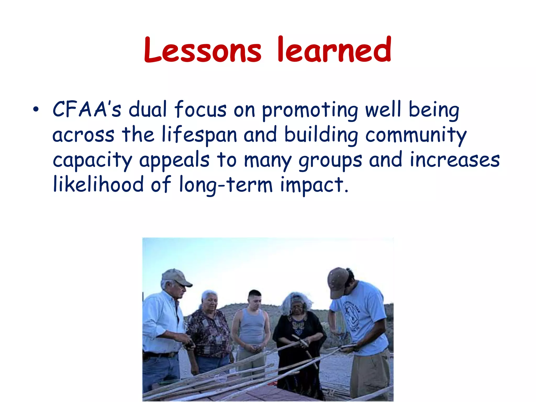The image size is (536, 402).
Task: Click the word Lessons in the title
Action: pyautogui.click(x=203, y=50)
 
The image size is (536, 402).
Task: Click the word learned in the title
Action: pyautogui.click(x=334, y=50)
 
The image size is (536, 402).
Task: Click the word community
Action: pyautogui.click(x=416, y=135)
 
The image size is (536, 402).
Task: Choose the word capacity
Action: pyautogui.click(x=92, y=160)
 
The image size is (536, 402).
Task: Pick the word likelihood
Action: pyautogui.click(x=98, y=184)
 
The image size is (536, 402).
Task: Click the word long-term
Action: pyautogui.click(x=226, y=185)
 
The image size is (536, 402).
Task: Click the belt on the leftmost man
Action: pyautogui.click(x=158, y=355)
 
